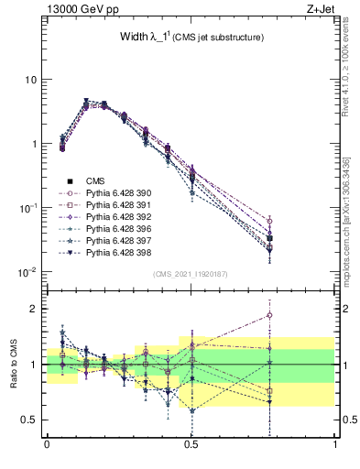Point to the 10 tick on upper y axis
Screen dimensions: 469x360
31,80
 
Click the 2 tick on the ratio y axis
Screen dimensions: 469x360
36,309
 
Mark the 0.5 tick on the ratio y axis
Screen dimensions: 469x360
32,420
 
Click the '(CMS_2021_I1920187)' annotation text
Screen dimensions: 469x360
190,274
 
